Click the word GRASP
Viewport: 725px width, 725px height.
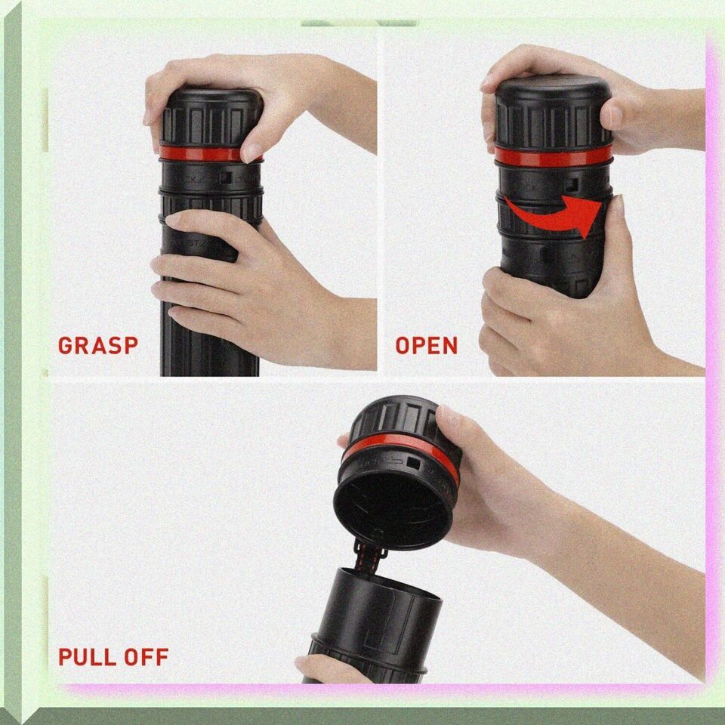(x=98, y=345)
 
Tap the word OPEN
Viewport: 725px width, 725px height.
(x=426, y=345)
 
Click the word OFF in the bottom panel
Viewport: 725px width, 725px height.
(x=147, y=656)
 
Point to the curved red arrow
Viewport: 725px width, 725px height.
(x=555, y=217)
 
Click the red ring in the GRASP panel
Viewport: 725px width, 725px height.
(x=203, y=154)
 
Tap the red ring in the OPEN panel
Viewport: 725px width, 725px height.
(x=553, y=157)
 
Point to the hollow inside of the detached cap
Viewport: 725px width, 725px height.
(x=392, y=508)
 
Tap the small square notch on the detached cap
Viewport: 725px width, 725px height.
(x=413, y=463)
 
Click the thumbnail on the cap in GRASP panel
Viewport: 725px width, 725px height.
(x=251, y=152)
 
